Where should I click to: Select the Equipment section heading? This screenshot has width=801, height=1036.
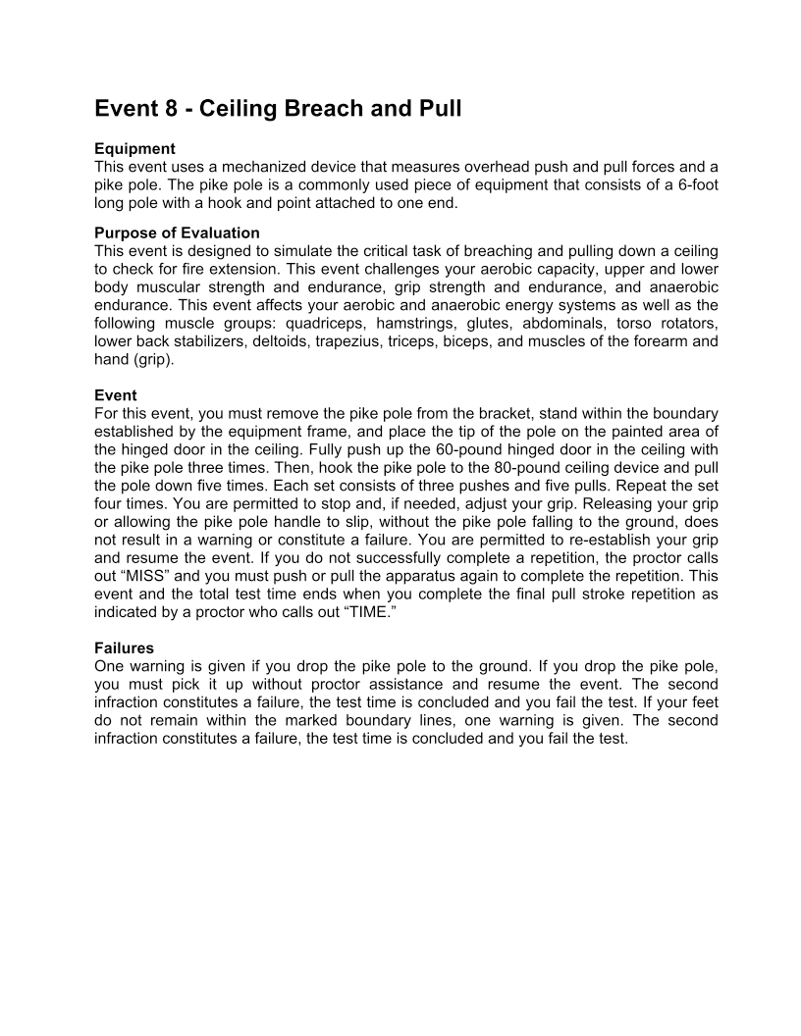[134, 149]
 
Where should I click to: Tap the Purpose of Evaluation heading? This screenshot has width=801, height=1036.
[177, 233]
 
